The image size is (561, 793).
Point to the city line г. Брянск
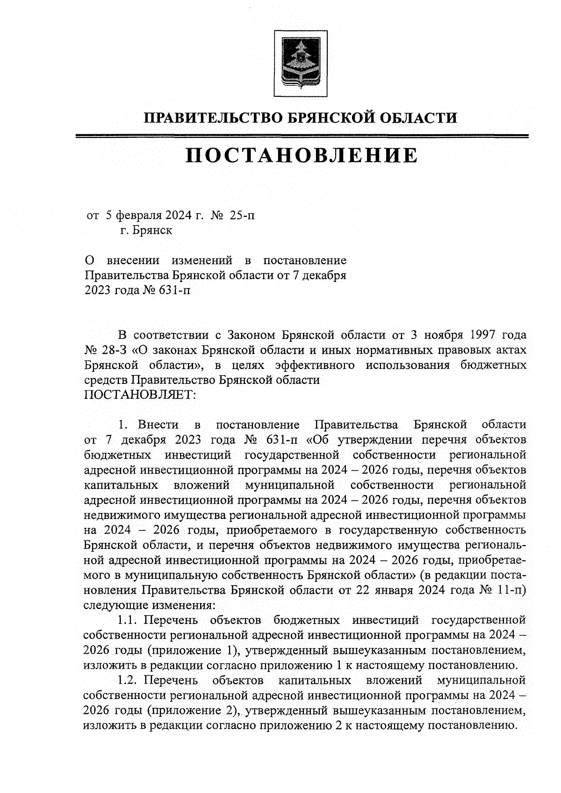[146, 230]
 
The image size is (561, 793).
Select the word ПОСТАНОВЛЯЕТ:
[141, 395]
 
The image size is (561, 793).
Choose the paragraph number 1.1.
[127, 620]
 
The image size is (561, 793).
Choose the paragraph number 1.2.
[127, 679]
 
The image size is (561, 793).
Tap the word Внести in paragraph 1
[158, 425]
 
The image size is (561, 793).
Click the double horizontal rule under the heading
[302, 136]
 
